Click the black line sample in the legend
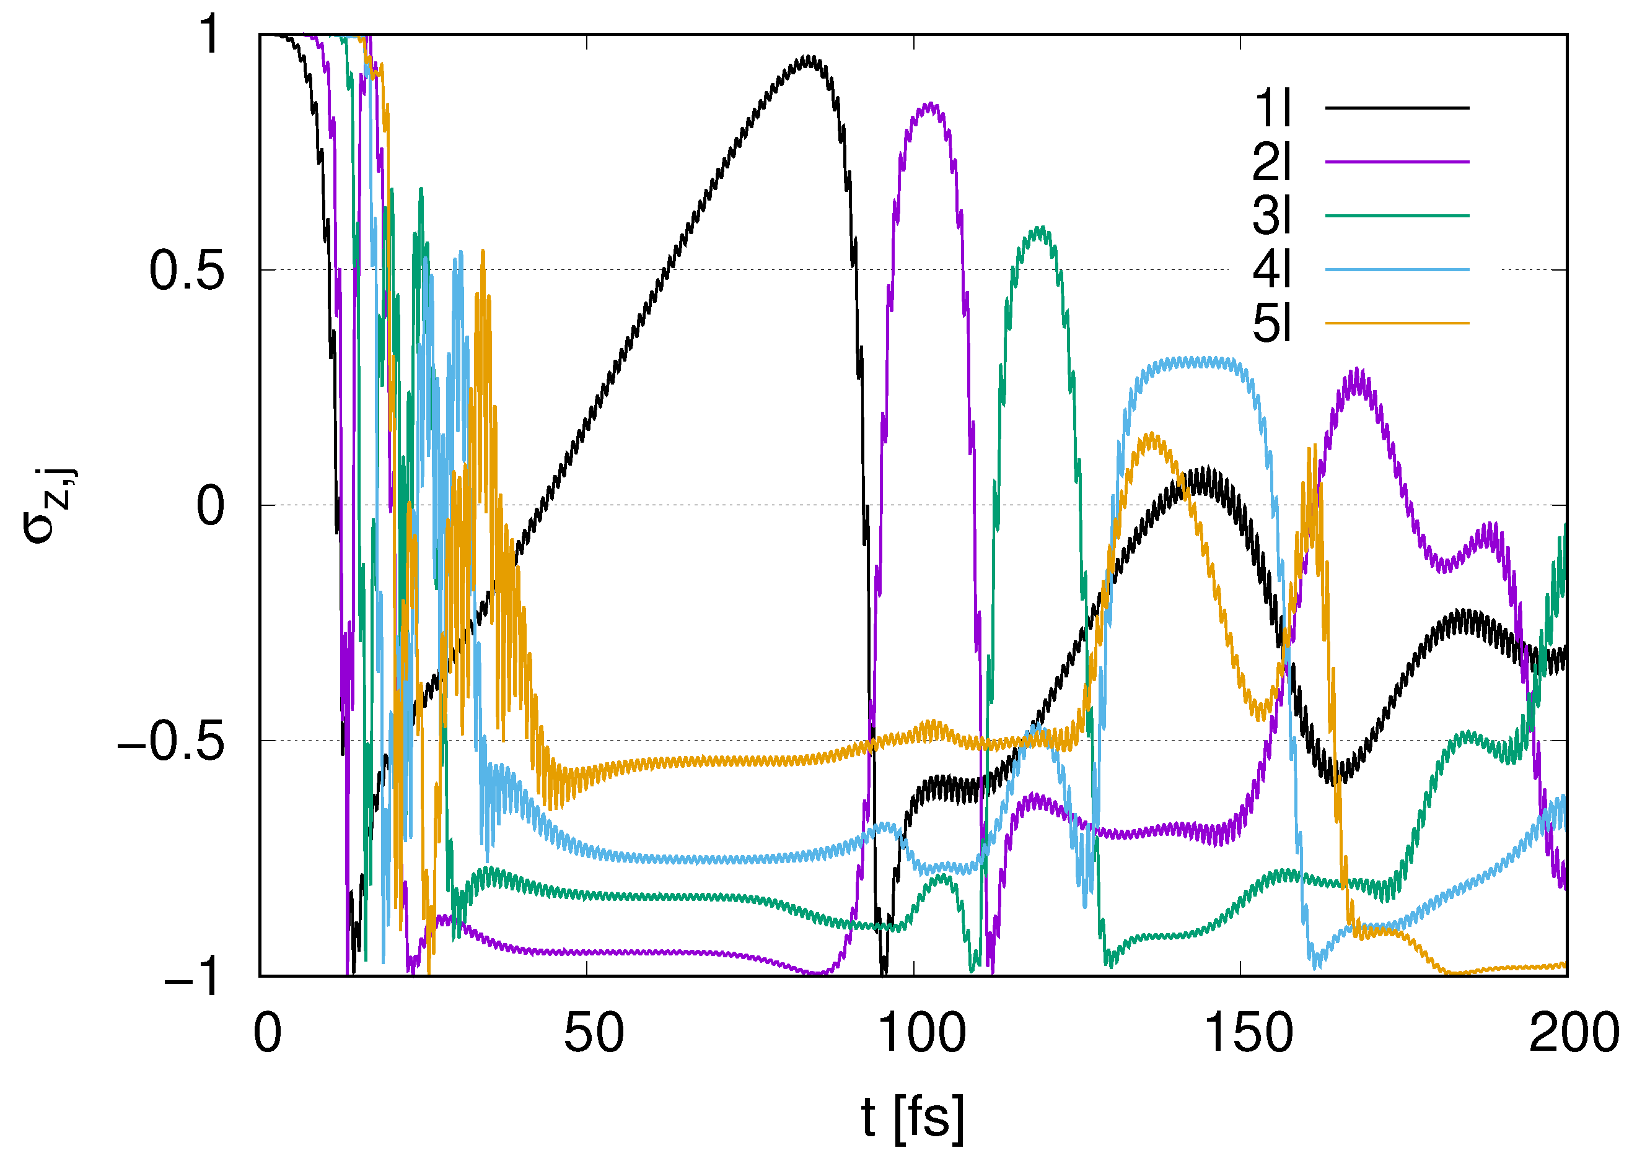1397,108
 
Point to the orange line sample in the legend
1397,323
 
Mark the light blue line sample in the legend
1397,269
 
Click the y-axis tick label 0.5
187,272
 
